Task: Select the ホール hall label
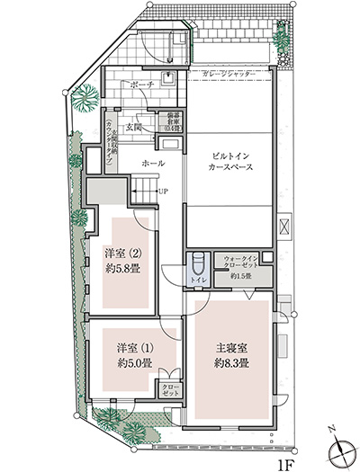click(153, 164)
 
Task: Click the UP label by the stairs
click(162, 191)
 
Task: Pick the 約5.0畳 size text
click(132, 364)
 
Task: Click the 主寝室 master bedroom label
click(230, 348)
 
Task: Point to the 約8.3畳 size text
click(230, 363)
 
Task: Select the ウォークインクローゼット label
click(241, 261)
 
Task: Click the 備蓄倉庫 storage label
click(172, 121)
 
